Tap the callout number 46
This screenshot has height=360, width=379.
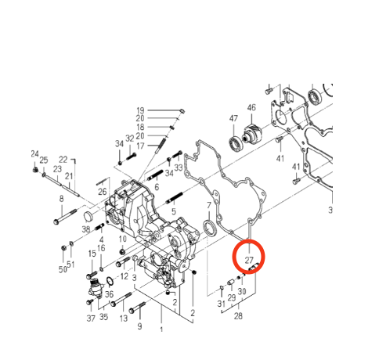[251, 108]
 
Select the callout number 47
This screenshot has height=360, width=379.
[233, 118]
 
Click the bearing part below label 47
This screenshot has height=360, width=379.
[236, 144]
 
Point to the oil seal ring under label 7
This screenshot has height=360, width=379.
[210, 229]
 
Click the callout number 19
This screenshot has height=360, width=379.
[140, 110]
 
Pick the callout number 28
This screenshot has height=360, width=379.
[238, 316]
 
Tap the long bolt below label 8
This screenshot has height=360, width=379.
[65, 216]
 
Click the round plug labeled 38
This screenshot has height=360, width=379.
[89, 217]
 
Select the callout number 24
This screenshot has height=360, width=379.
[34, 154]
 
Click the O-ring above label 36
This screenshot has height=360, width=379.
[110, 282]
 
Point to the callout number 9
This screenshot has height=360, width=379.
[139, 326]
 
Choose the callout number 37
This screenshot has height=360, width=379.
[91, 319]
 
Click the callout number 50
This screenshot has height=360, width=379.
[63, 269]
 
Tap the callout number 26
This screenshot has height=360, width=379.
[103, 192]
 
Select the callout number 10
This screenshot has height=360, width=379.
[123, 239]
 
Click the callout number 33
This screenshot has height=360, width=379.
[179, 167]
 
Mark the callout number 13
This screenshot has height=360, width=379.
[124, 318]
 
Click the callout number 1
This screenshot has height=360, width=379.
[161, 329]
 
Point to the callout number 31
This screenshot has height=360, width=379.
[221, 304]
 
